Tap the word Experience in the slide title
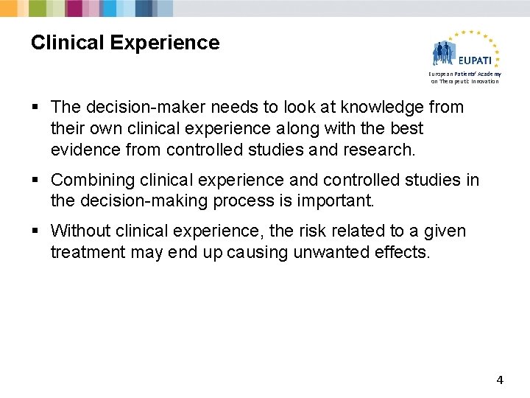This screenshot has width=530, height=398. click(x=166, y=43)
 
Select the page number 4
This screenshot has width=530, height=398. click(x=500, y=380)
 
